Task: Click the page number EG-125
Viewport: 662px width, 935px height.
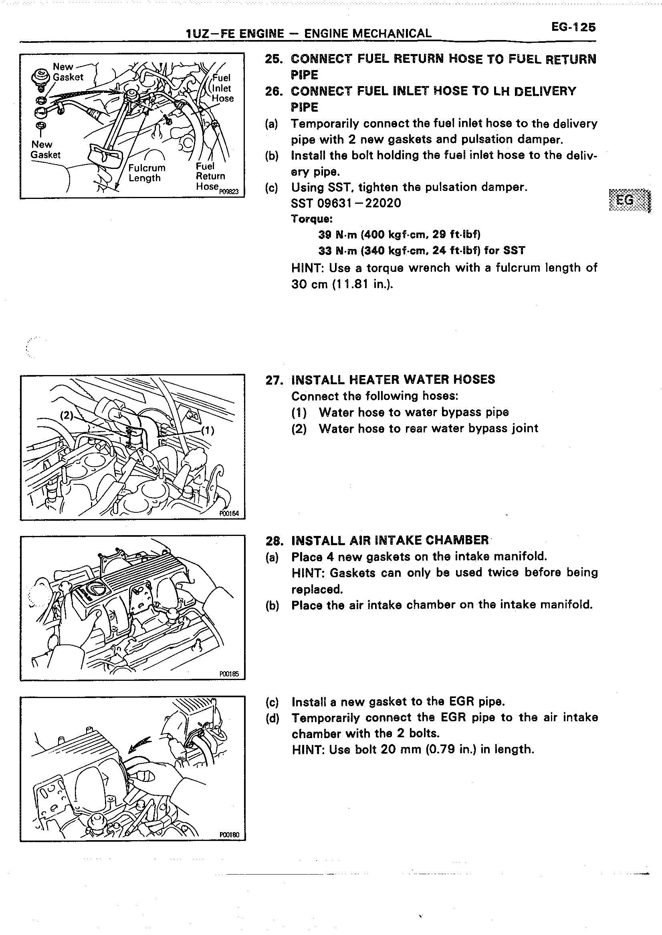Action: pyautogui.click(x=573, y=27)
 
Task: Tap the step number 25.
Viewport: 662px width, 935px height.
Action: pyautogui.click(x=274, y=60)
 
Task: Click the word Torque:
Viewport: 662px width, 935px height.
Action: pyautogui.click(x=312, y=219)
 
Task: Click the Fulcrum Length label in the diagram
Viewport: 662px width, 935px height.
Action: pyautogui.click(x=147, y=173)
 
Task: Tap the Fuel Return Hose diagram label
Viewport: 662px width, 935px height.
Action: pyautogui.click(x=210, y=176)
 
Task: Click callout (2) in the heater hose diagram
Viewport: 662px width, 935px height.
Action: pyautogui.click(x=67, y=415)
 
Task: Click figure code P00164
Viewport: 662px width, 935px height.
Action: pyautogui.click(x=229, y=514)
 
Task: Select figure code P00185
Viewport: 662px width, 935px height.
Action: pyautogui.click(x=229, y=674)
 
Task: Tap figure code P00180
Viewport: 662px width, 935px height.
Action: pyautogui.click(x=229, y=835)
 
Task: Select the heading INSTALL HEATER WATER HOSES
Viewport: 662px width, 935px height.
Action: pyautogui.click(x=393, y=379)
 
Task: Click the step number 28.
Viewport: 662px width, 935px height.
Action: pyautogui.click(x=274, y=541)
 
